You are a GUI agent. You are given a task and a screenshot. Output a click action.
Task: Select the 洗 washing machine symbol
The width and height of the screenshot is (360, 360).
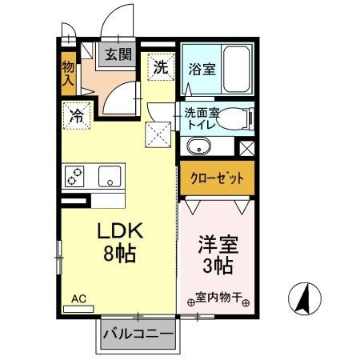click(x=161, y=68)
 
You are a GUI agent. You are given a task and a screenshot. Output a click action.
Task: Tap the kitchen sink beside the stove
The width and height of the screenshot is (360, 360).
click(x=110, y=175)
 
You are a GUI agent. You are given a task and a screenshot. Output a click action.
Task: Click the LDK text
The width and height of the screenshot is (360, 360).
click(x=120, y=232)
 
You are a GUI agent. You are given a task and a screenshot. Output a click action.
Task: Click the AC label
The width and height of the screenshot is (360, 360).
click(x=78, y=298)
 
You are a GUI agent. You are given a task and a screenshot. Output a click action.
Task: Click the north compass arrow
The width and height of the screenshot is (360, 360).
click(x=304, y=300)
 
